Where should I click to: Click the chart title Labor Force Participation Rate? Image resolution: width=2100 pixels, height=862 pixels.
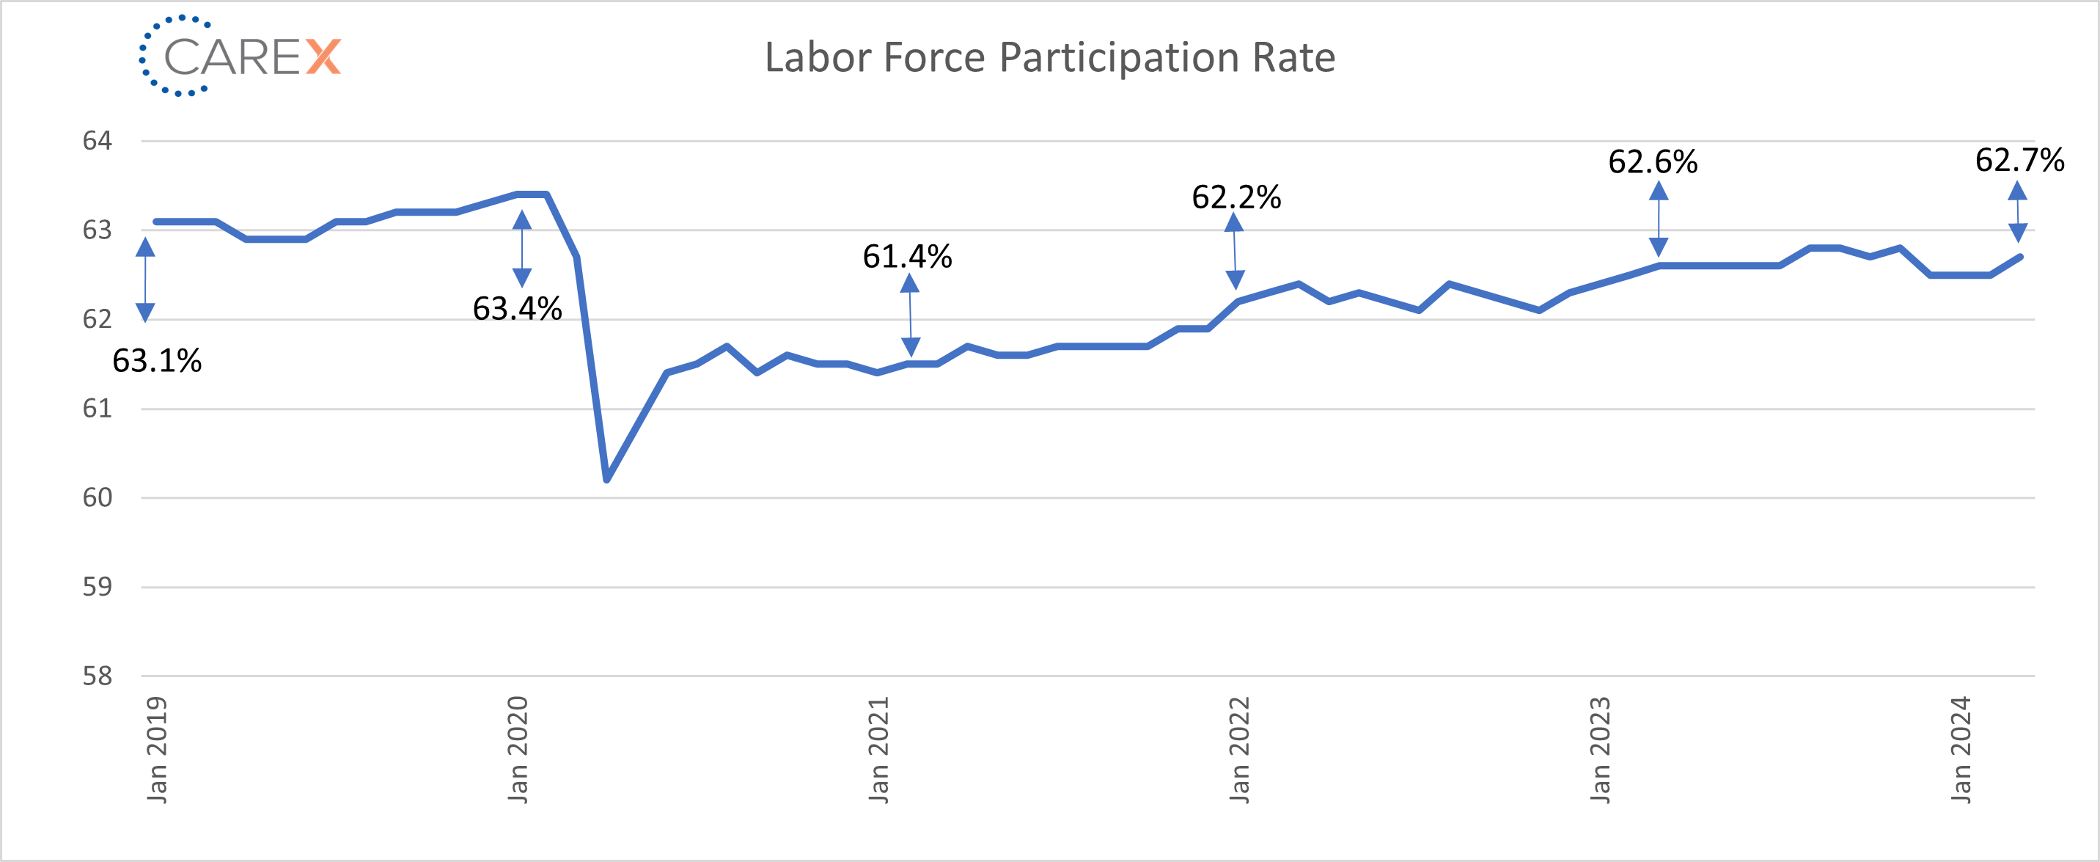tap(1049, 58)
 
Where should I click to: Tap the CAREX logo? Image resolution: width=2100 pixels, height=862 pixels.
tap(240, 56)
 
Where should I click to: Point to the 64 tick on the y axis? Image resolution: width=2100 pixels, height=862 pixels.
tap(97, 141)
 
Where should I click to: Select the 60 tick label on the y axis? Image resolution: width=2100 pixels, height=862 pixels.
tap(97, 497)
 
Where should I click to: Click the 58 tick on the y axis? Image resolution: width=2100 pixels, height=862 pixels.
tap(97, 676)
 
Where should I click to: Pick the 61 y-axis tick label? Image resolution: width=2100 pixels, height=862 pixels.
tap(97, 409)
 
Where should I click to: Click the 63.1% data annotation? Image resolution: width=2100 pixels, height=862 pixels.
tap(156, 360)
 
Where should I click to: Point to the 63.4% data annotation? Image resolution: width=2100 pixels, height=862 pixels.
tap(517, 309)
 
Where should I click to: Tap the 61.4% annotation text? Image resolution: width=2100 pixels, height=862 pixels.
tap(906, 257)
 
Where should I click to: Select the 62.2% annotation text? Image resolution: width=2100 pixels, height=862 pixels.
tap(1236, 197)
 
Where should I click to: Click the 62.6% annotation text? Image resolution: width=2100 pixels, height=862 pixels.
tap(1653, 162)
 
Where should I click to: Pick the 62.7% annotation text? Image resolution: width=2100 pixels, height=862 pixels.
tap(2019, 160)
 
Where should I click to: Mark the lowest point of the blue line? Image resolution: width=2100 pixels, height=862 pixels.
tap(607, 480)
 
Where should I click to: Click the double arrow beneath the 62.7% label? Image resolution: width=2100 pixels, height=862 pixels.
tap(2018, 212)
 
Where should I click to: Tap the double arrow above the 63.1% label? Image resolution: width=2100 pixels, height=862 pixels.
tap(145, 280)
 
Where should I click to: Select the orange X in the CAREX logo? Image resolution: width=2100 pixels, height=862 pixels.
tap(323, 57)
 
